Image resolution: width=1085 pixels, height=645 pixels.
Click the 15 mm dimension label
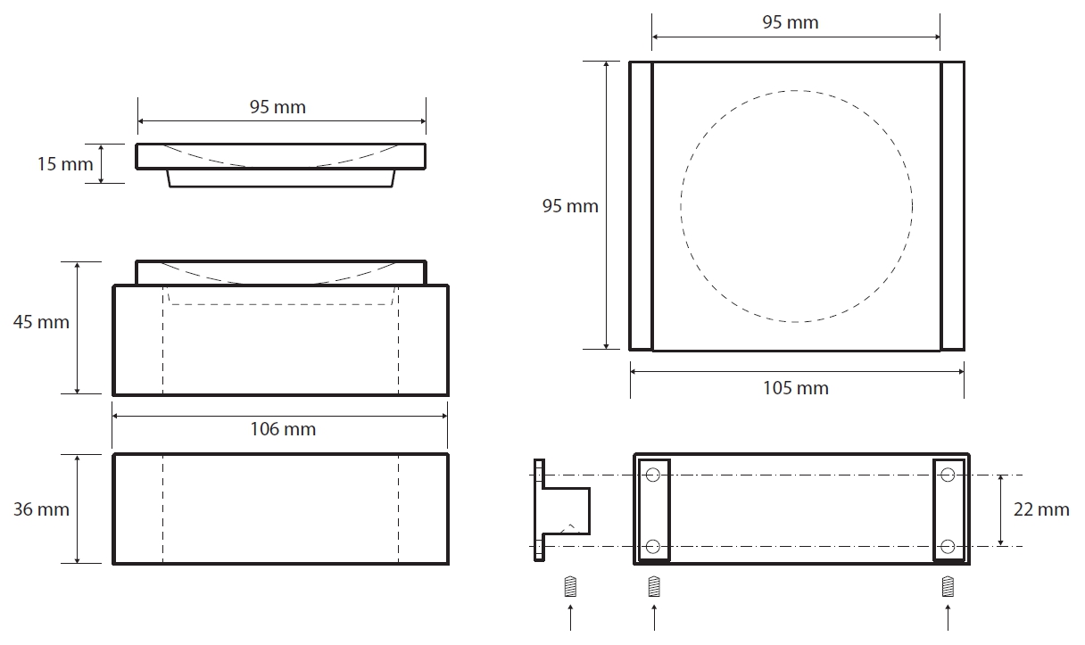point(65,164)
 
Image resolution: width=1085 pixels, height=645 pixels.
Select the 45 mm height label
point(41,322)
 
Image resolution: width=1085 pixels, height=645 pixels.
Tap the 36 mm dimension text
point(41,509)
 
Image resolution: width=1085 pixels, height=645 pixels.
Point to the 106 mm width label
point(283,429)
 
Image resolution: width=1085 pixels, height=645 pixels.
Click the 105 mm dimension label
point(796,388)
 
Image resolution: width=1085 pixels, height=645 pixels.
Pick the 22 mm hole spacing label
point(1041,509)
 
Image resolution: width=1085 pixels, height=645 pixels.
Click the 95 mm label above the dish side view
point(277,107)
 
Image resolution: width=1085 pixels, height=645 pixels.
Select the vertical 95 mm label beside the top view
point(570,206)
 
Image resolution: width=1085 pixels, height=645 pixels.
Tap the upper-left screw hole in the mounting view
point(653,475)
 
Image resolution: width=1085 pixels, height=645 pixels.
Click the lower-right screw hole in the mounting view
point(948,547)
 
